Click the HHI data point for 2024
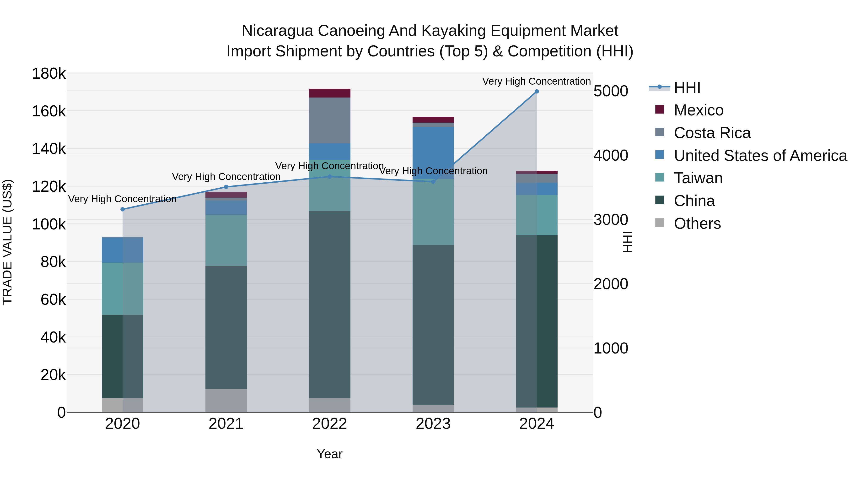(537, 92)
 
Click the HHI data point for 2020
(123, 209)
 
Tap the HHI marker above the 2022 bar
(329, 177)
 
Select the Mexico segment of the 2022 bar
(329, 93)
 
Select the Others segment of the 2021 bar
(226, 401)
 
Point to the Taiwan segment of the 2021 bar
(226, 240)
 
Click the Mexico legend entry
(699, 110)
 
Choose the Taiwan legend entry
(698, 178)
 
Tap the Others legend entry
(697, 223)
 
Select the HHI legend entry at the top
(687, 87)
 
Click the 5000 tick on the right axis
(611, 91)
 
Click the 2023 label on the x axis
(433, 424)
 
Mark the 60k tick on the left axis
(53, 300)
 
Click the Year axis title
(329, 454)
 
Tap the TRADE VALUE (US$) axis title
(7, 242)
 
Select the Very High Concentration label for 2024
(537, 81)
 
